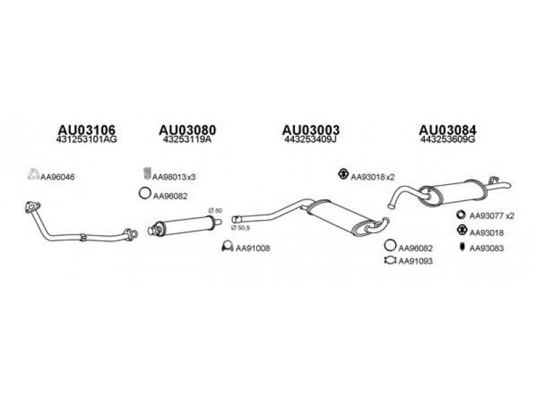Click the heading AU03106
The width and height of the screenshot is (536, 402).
click(87, 129)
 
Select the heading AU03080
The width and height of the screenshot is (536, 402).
click(188, 129)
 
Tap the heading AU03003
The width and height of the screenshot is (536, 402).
click(310, 129)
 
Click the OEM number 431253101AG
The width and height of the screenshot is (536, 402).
click(87, 141)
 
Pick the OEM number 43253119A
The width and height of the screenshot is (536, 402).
click(188, 141)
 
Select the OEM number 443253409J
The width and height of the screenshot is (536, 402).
click(310, 141)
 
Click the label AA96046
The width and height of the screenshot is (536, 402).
click(59, 178)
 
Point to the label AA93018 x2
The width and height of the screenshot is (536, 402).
click(373, 177)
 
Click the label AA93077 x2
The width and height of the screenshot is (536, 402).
click(491, 216)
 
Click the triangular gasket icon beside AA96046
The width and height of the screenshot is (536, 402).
click(32, 176)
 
